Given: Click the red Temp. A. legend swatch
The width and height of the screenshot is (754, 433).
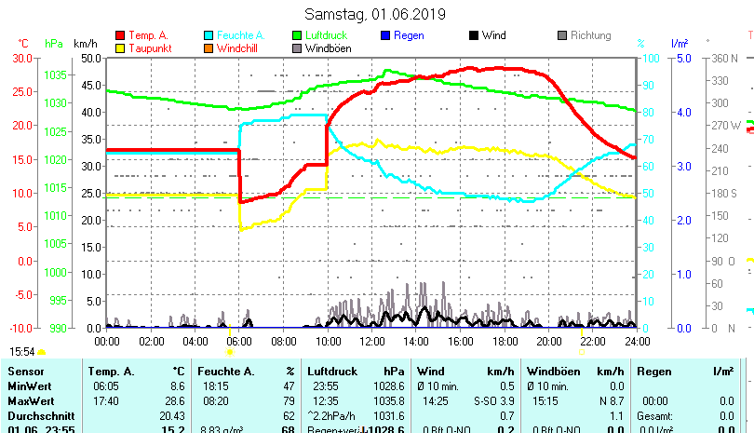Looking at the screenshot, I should (x=120, y=35).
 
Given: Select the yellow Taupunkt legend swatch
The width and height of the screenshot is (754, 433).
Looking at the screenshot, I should (x=120, y=47).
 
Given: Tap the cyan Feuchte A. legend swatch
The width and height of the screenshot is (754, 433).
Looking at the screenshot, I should (x=209, y=35).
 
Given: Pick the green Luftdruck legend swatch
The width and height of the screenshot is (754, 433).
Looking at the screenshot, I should (x=297, y=35).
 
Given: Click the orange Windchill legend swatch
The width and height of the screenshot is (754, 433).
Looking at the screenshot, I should (x=209, y=47).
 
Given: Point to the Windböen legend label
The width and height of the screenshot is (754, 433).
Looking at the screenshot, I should (x=327, y=47).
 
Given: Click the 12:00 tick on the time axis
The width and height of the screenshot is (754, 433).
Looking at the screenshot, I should (x=371, y=341).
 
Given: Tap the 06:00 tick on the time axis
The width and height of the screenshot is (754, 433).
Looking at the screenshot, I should (x=239, y=341).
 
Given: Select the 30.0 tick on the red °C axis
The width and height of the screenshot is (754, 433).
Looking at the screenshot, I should (x=22, y=58).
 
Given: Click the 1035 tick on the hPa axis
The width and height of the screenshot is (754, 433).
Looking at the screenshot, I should (x=55, y=74).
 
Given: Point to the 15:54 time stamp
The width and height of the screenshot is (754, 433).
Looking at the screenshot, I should (x=22, y=352).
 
